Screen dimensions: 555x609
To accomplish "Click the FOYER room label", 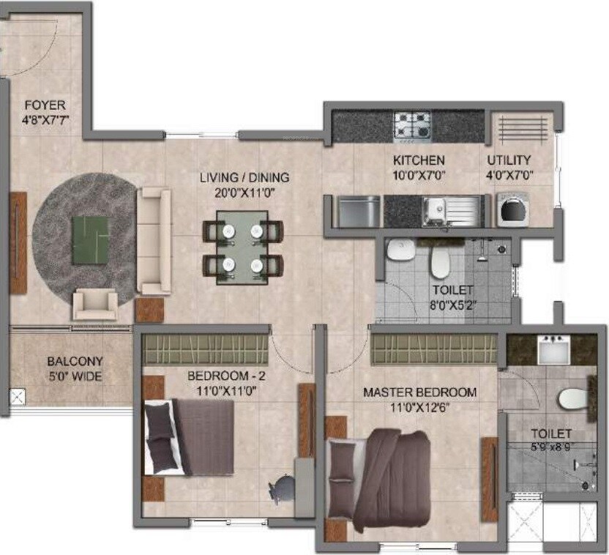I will point(44,105).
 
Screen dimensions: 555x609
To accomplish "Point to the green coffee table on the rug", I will point(89,239).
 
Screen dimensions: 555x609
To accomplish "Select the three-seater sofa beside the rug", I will point(154,241).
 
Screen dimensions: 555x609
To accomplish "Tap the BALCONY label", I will point(75,362).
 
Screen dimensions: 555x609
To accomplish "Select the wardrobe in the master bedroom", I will point(435,347).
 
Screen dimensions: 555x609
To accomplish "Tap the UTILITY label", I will point(509,160).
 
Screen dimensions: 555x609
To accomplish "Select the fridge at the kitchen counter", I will point(359,211).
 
